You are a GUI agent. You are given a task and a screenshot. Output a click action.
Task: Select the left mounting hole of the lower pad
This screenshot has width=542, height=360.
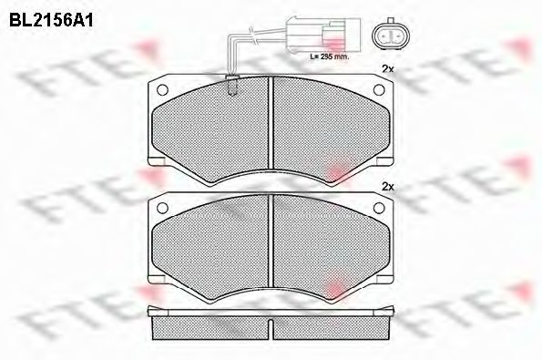165,209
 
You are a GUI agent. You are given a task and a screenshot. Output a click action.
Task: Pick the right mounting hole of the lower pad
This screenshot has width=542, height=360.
383,209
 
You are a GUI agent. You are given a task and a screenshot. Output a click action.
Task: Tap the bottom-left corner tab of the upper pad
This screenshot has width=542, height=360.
156,160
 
